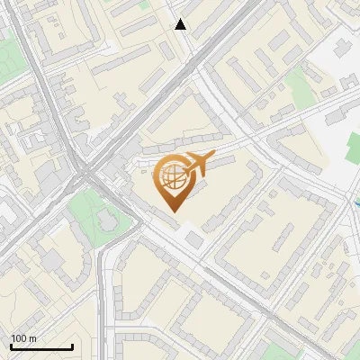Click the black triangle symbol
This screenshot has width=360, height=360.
tap(181, 24)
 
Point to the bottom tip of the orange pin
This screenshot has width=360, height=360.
tap(173, 212)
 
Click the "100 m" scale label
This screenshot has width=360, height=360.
tap(24, 338)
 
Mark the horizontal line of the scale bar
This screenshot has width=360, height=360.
tap(41, 346)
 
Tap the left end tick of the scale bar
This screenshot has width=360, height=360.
tap(11, 346)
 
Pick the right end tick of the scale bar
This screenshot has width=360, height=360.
tap(72, 346)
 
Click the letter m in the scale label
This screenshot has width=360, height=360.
tap(33, 338)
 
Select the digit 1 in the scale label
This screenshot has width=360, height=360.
tap(13, 338)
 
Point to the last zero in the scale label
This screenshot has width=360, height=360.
tap(25, 338)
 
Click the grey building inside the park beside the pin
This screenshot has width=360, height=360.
tap(103, 219)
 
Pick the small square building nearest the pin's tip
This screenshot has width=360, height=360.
tap(194, 239)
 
